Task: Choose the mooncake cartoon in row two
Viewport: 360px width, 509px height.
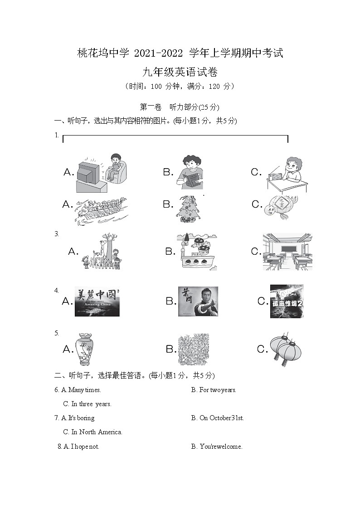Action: coord(282,208)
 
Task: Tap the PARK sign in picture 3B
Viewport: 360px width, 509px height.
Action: coord(198,255)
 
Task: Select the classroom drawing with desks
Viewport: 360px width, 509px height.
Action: coord(287,252)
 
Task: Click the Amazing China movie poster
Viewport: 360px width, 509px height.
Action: coord(97,302)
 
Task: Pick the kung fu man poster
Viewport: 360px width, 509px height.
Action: coord(198,301)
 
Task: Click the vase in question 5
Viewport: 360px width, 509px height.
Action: coord(84,349)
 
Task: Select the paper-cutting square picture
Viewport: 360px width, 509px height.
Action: coord(194,349)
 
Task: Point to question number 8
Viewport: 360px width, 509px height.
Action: coord(59,446)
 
